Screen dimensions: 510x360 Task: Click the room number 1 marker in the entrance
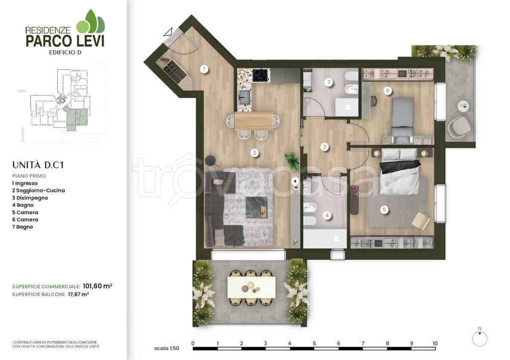point(204,69)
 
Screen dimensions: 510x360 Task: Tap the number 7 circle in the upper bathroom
point(329,82)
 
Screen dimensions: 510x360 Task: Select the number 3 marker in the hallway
point(324,147)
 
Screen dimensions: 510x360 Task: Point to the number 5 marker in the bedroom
point(384,210)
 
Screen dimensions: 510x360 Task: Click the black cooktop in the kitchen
point(261,76)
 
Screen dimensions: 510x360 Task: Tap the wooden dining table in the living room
point(254,121)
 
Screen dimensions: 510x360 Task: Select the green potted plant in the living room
point(292,161)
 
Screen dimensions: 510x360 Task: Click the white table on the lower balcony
point(252,287)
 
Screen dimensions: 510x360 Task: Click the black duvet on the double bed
point(400,167)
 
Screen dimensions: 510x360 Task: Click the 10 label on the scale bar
point(435,343)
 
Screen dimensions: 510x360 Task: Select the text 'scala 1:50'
point(166,348)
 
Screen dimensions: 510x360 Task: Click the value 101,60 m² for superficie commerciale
point(98,286)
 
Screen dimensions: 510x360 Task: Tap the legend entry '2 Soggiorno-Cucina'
point(38,191)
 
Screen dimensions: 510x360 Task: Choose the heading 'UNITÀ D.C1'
point(38,165)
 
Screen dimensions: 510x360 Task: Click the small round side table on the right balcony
point(463,106)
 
